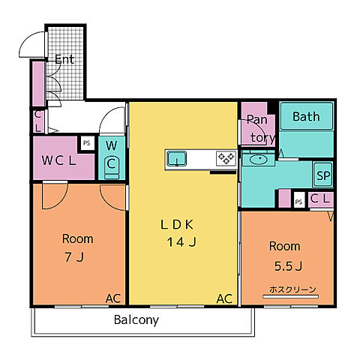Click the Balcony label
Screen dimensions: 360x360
(x=136, y=320)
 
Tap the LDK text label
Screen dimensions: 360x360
(x=177, y=224)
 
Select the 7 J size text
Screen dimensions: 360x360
(x=74, y=256)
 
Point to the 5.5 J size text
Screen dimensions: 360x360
(x=288, y=266)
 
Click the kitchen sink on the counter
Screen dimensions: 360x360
(x=177, y=158)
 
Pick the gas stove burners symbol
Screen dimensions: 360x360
(x=226, y=158)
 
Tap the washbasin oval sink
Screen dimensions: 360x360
(x=259, y=159)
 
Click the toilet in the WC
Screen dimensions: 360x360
(x=112, y=167)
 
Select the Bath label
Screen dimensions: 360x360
(x=306, y=116)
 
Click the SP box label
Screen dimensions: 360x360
(x=323, y=175)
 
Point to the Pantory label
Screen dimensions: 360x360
(x=260, y=128)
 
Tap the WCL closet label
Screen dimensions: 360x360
(x=58, y=160)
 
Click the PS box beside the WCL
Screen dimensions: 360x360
(x=87, y=143)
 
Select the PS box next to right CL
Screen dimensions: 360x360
(x=299, y=201)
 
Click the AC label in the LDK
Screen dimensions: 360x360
(x=224, y=298)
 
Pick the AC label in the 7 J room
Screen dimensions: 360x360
(x=113, y=298)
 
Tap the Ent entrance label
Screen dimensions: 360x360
(x=64, y=59)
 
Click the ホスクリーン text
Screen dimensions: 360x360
(x=292, y=289)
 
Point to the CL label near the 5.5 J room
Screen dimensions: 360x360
(x=320, y=199)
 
